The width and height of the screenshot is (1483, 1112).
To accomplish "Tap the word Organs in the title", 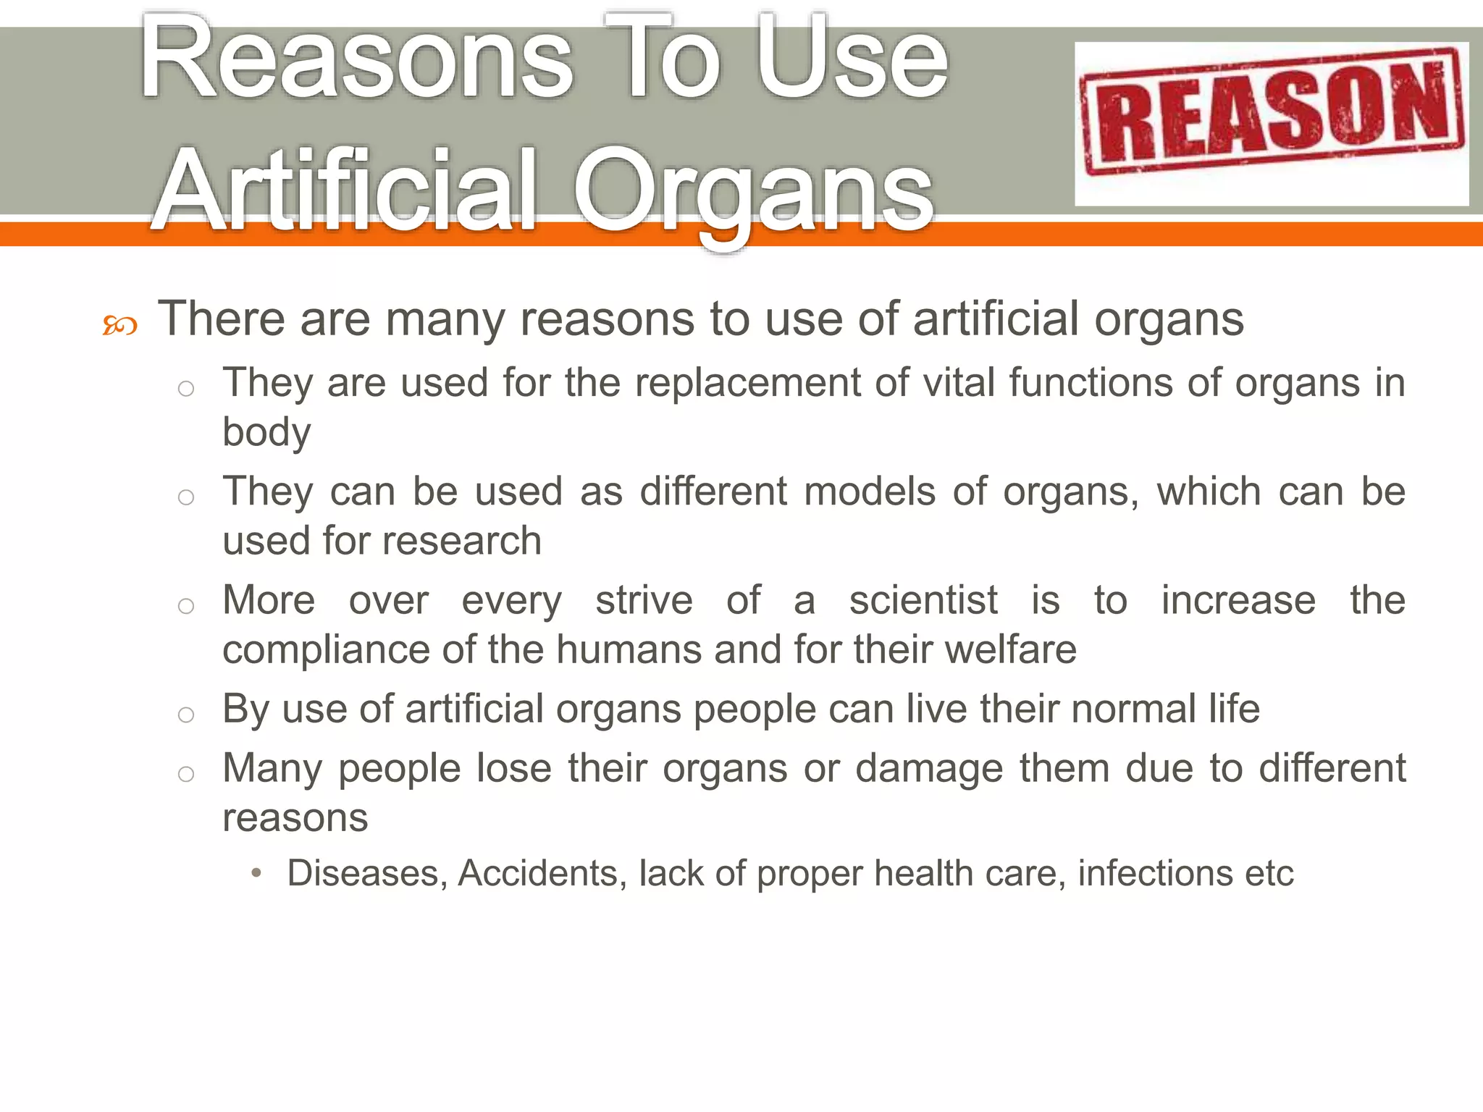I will coord(753,192).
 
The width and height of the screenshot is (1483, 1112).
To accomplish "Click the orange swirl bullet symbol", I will coord(119,325).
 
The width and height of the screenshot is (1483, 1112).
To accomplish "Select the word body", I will coord(266,433).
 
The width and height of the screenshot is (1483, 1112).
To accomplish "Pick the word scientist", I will coord(923,600).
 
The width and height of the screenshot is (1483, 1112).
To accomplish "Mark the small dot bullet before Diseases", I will coord(256,873).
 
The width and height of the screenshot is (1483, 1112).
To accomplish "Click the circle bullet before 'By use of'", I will coord(186,715).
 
